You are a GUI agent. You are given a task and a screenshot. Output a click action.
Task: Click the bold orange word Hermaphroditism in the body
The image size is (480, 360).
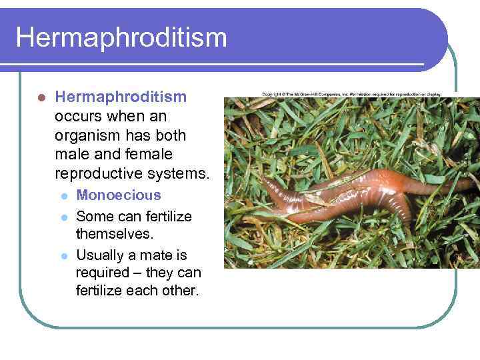(x=121, y=97)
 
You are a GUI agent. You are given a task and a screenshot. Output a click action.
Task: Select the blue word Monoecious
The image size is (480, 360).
(x=119, y=195)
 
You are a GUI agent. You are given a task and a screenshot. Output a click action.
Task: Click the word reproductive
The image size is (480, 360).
(x=97, y=175)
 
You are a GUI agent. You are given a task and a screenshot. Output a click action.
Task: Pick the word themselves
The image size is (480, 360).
(x=115, y=235)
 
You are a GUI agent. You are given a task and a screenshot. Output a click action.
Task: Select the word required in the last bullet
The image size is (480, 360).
(x=103, y=273)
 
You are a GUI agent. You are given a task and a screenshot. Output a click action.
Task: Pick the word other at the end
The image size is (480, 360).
(x=179, y=291)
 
